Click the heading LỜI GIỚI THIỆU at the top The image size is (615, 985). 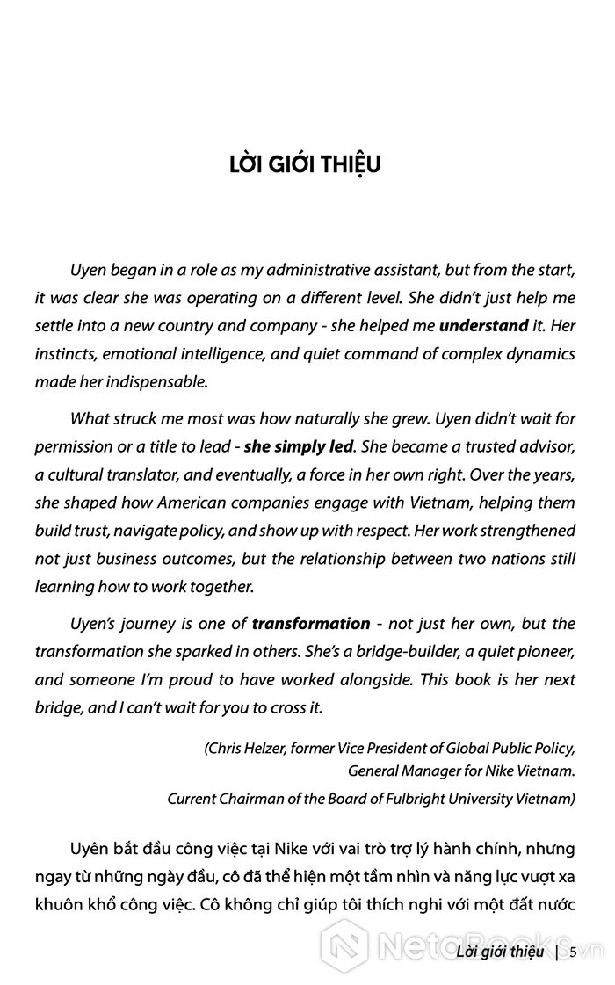pos(305,165)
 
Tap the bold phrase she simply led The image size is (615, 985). pos(299,445)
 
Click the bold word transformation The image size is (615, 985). pos(311,623)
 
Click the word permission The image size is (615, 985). pos(72,445)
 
